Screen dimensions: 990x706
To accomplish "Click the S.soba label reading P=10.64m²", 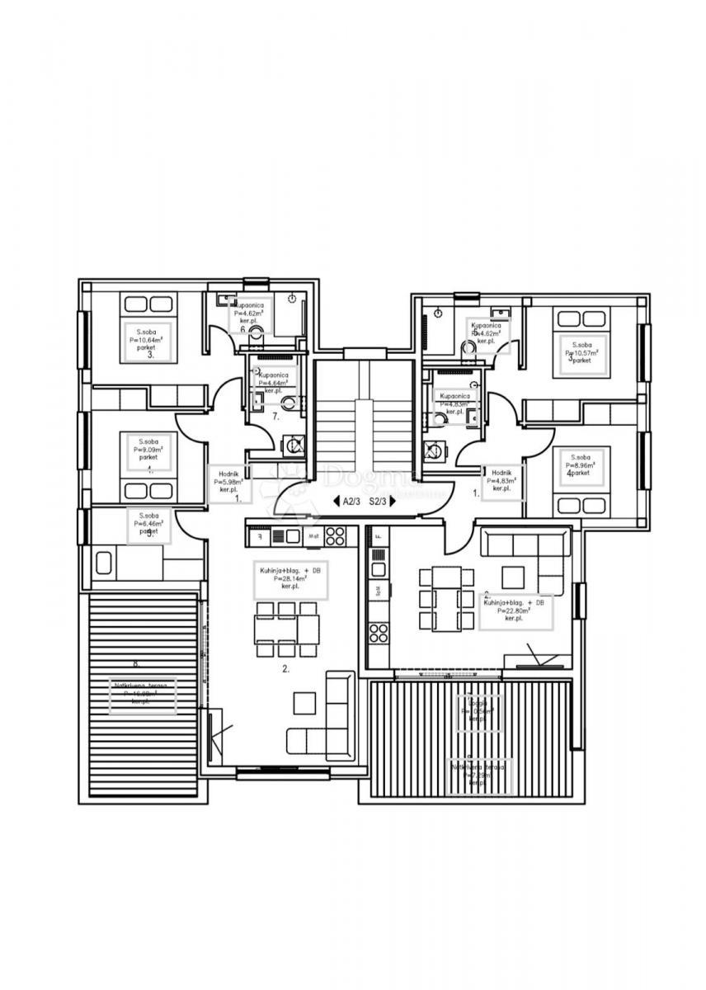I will [146, 339].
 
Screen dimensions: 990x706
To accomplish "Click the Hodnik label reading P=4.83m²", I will [502, 480].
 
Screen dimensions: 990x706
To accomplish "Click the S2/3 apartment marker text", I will [379, 501].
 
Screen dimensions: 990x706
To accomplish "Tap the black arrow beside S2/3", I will [393, 501].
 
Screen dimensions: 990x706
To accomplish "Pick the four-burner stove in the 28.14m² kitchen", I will [334, 535].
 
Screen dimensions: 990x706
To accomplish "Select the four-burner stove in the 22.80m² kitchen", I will [378, 633].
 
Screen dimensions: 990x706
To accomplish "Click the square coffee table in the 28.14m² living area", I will [304, 701].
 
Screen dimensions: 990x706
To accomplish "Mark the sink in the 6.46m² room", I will [105, 563].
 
